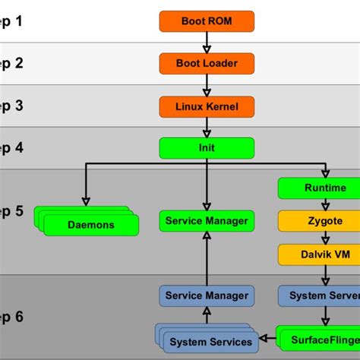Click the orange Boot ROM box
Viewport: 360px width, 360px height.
tap(206, 21)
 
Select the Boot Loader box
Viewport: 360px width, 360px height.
tap(206, 64)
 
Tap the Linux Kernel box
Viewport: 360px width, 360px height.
tap(206, 106)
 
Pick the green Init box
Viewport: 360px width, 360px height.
tap(206, 147)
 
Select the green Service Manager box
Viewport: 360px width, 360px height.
tap(206, 221)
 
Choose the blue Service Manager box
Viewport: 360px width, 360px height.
tap(206, 295)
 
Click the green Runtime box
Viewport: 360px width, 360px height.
tap(324, 188)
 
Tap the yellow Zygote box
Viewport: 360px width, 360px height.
tap(324, 221)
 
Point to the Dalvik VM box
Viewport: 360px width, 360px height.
tap(324, 254)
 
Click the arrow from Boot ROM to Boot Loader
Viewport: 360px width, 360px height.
tap(206, 43)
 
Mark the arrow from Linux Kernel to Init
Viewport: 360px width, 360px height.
tap(206, 127)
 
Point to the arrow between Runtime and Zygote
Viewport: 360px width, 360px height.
tap(324, 204)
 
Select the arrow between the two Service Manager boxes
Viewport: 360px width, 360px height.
tap(206, 258)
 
